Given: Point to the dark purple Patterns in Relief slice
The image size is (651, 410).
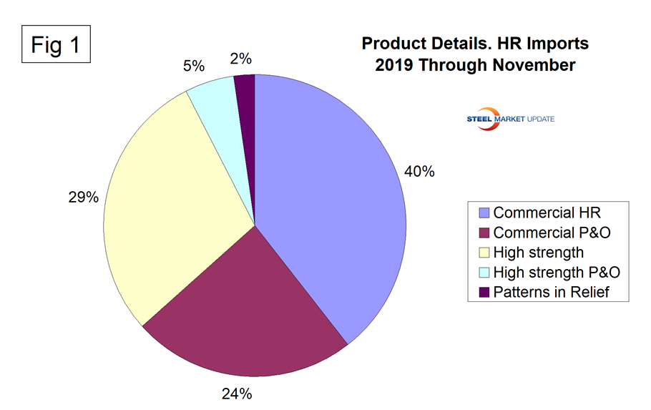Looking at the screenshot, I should tap(245, 93).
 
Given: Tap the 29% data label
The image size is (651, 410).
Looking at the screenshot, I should tap(83, 197).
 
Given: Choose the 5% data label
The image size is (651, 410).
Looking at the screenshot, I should tap(194, 66).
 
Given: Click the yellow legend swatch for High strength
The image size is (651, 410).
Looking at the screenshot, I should tap(484, 252).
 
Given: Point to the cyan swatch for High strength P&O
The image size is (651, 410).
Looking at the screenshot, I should tap(484, 272).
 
